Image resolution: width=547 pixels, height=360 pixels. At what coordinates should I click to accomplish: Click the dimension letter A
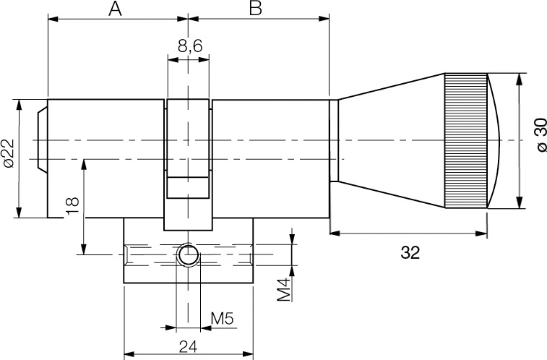point(114,9)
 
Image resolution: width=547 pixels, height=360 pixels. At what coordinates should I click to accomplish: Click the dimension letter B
point(255,9)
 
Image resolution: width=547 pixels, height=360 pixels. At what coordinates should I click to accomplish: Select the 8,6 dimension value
point(189,46)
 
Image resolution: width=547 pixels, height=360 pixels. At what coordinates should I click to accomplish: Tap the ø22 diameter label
point(9,154)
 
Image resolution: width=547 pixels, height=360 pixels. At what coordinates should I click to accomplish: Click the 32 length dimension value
point(410,253)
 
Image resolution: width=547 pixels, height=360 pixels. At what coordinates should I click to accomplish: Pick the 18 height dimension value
point(72,205)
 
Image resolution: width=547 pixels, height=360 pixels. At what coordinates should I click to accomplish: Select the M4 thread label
point(284,288)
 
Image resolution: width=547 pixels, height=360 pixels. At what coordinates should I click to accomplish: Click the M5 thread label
point(221,318)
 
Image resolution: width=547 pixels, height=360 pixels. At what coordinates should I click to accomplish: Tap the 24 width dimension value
point(189,346)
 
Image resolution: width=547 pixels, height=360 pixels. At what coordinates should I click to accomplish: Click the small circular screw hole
point(189,254)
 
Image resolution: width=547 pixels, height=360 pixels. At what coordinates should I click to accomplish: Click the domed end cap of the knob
point(497,141)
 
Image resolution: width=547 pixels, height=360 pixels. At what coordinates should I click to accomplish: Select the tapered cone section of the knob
point(390,141)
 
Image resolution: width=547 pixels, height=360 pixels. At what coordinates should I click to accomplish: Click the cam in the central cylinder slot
point(189,187)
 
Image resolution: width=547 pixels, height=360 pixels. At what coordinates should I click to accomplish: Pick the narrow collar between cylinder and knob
point(334,141)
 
